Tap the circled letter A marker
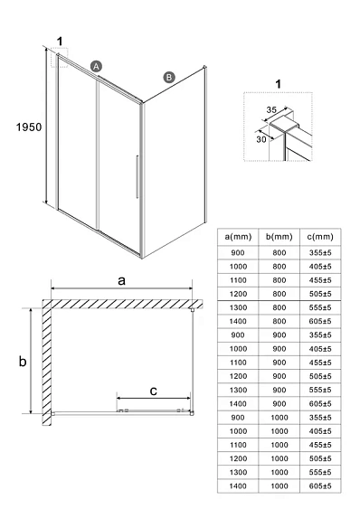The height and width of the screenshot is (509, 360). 97,66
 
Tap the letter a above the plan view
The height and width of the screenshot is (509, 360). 121,281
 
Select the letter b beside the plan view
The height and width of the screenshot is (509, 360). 23,362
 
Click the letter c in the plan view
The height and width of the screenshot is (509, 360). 154,391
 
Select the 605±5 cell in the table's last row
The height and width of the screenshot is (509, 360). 317,485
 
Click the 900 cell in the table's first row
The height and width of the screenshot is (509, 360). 237,254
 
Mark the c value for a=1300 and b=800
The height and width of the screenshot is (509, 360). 317,307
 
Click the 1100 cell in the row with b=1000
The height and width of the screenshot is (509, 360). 237,444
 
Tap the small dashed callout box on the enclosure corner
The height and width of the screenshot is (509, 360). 62,59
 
